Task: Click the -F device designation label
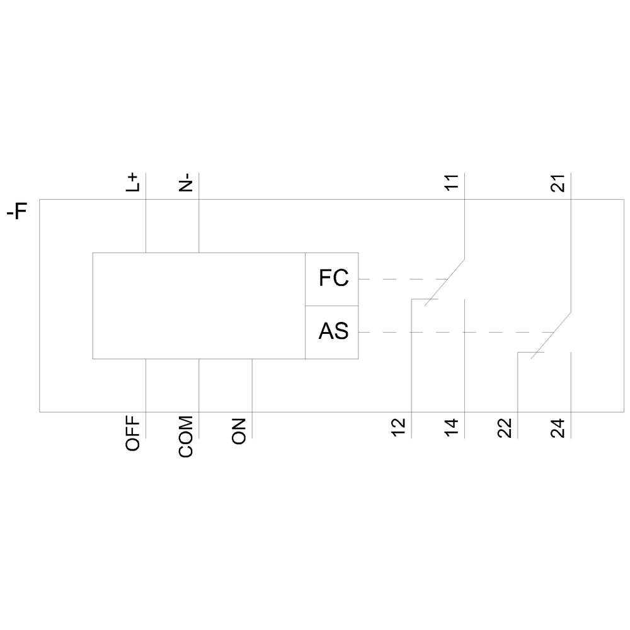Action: point(17,211)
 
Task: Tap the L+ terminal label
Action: point(132,183)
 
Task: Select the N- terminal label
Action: point(186,183)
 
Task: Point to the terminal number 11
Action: point(452,183)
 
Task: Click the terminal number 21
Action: point(558,183)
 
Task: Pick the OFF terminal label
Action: point(132,433)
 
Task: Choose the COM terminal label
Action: point(186,437)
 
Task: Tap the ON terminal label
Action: point(239,431)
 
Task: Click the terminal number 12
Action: point(399,428)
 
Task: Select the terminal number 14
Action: point(452,428)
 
